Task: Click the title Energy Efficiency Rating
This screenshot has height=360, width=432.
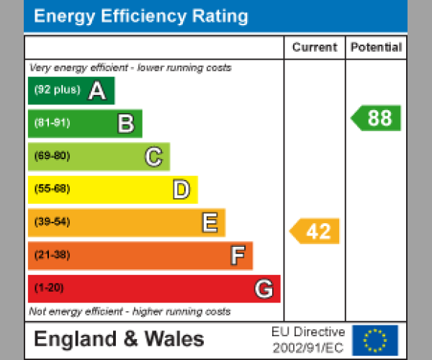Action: click(141, 17)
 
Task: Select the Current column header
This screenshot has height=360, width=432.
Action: click(315, 48)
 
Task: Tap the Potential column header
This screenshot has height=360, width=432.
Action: click(376, 48)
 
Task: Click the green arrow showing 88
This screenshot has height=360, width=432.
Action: click(377, 118)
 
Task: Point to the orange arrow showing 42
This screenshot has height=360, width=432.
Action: click(315, 231)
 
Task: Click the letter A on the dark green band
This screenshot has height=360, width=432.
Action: click(97, 91)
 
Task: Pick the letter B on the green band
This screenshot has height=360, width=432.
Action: click(125, 124)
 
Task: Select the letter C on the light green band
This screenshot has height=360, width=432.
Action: click(153, 157)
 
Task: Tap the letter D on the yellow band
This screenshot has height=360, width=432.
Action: click(181, 190)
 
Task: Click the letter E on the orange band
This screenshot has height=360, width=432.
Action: click(209, 223)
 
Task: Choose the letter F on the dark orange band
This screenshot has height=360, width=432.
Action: click(237, 256)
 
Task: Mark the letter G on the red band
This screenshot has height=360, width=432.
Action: click(264, 289)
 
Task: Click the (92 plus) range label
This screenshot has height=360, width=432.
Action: click(57, 91)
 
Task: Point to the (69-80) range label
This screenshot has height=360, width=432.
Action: click(52, 156)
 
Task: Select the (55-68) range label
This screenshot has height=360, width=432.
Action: click(52, 189)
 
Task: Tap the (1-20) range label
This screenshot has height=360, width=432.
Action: click(49, 289)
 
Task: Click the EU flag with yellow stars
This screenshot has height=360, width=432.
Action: click(375, 340)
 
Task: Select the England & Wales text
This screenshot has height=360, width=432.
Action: click(119, 340)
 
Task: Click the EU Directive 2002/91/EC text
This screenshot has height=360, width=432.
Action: click(308, 340)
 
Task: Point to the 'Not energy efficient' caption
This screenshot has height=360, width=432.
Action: click(130, 312)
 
